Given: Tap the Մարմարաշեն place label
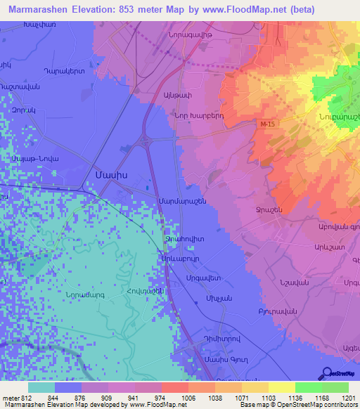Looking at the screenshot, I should pos(184,202).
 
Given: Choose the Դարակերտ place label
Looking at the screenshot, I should pos(64,71).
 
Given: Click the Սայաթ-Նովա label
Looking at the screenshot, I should pos(34,159).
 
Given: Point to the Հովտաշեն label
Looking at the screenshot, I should pos(146,292).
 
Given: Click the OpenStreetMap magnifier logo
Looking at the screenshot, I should pos(326,373).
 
